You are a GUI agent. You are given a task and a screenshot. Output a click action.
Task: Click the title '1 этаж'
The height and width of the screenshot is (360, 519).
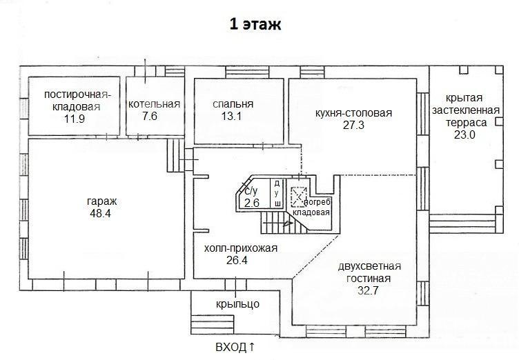click(255, 25)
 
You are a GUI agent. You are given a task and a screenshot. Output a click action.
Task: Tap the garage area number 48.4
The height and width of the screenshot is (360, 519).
click(100, 213)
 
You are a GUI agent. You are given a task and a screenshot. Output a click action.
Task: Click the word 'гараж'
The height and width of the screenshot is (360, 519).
click(102, 201)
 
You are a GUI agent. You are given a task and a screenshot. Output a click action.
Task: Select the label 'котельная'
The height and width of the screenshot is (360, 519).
click(154, 104)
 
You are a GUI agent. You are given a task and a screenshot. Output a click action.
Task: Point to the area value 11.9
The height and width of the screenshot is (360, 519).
click(75, 119)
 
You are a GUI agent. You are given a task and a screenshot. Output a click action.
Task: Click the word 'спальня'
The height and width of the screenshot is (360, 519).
click(233, 104)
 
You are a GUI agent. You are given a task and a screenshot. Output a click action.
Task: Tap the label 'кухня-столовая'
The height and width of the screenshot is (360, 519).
click(354, 113)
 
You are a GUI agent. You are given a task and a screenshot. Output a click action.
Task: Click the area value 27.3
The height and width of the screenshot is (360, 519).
click(353, 125)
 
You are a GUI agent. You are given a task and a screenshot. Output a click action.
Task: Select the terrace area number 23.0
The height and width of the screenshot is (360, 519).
click(464, 134)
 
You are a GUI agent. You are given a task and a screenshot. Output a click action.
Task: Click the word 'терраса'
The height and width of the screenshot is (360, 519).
click(466, 123)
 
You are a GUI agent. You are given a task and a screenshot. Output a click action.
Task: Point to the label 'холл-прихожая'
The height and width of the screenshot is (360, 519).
click(241, 248)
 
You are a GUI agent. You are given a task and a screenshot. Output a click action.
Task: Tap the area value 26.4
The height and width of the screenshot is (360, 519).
click(237, 261)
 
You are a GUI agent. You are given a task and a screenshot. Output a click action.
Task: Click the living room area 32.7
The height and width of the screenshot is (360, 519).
click(368, 290)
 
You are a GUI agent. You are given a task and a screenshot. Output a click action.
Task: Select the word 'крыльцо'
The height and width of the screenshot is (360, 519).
click(237, 303)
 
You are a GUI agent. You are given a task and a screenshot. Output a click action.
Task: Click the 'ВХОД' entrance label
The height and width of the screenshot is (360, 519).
click(231, 348)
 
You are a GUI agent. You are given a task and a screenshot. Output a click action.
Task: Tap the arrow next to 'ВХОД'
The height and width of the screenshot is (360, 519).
click(251, 347)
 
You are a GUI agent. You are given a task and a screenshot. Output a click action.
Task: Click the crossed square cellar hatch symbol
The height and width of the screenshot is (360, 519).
click(299, 197)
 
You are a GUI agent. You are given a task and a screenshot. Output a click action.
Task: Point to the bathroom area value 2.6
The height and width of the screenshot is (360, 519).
click(251, 203)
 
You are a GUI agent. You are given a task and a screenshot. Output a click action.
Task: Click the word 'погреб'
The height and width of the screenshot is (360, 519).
click(317, 203)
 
